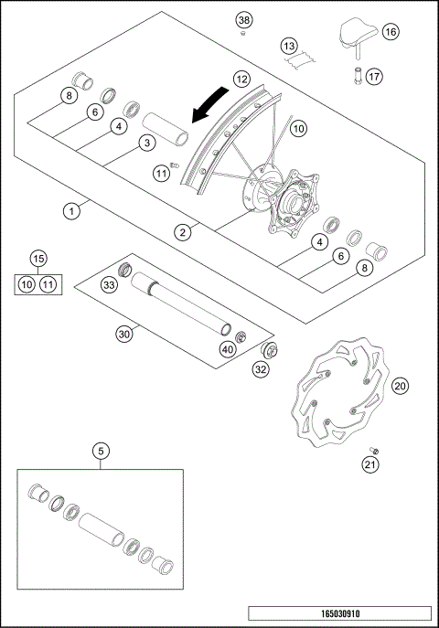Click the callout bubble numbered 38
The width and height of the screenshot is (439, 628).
(x=243, y=20)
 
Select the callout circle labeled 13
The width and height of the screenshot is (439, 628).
(x=289, y=45)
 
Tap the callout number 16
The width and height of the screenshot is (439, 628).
(x=391, y=31)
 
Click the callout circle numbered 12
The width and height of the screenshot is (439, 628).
(x=241, y=80)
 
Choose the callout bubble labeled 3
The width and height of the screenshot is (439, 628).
(x=145, y=143)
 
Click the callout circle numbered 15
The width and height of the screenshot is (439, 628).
(x=37, y=259)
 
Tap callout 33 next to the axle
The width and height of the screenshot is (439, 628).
(x=109, y=286)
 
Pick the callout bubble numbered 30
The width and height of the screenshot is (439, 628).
(x=124, y=335)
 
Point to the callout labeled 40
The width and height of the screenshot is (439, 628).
(x=228, y=348)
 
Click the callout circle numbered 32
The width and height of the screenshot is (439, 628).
(x=261, y=370)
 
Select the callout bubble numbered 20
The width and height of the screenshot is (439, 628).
(x=400, y=386)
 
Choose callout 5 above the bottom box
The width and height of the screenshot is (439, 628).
(x=102, y=450)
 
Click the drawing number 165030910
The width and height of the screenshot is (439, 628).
(x=338, y=612)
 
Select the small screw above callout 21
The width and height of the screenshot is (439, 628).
(x=373, y=449)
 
